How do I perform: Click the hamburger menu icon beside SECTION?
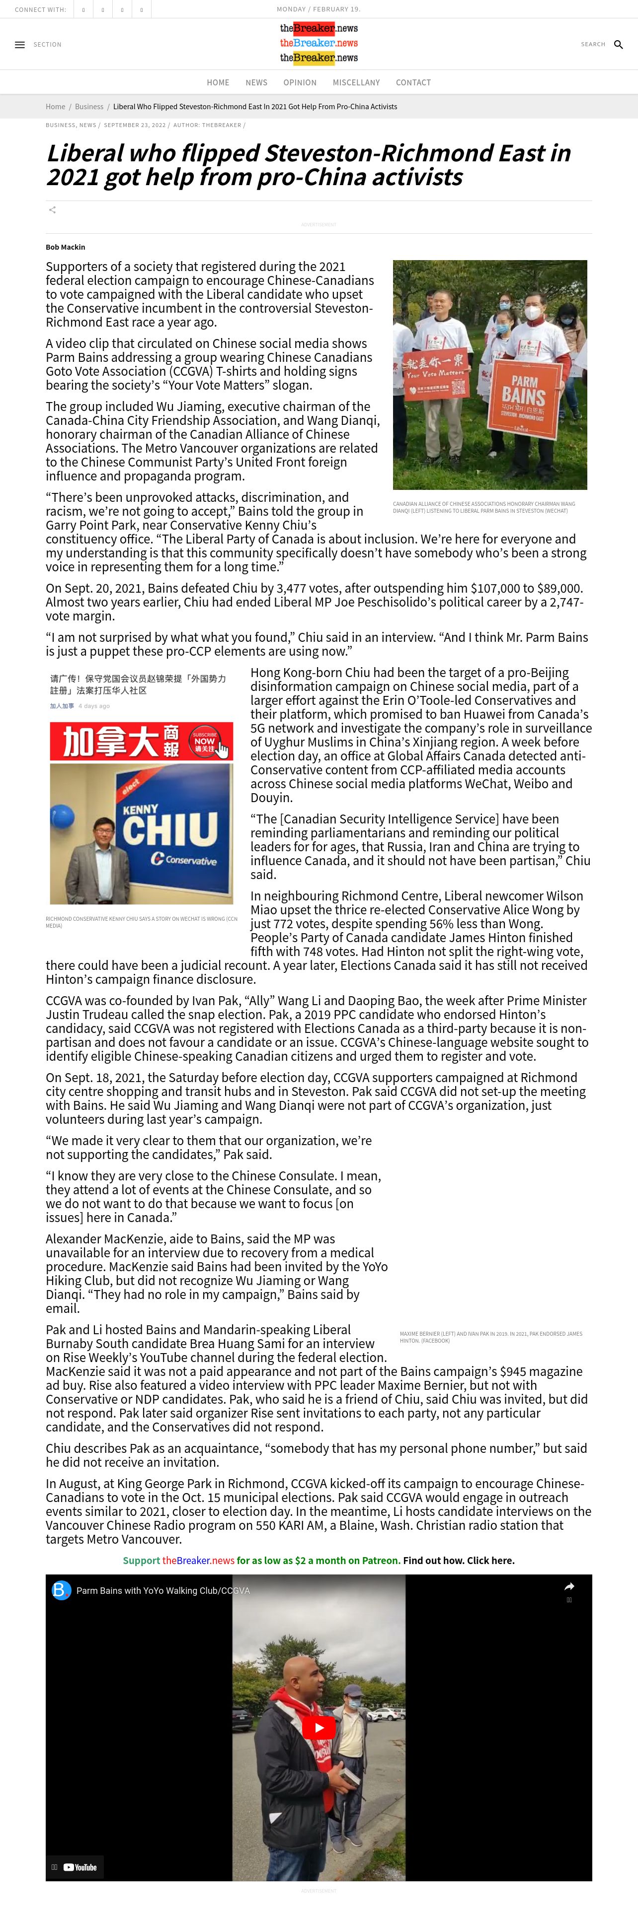tap(20, 45)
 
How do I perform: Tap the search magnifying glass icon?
tap(618, 45)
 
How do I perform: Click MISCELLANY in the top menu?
tap(356, 82)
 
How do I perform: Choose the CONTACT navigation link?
tap(413, 82)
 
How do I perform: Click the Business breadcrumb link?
tap(89, 107)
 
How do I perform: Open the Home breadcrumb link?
tap(55, 107)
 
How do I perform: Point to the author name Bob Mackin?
tap(66, 247)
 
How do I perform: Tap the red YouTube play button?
tap(319, 1727)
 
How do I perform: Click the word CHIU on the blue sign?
tap(170, 828)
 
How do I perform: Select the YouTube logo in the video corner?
tap(80, 1867)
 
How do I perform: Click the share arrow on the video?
tap(569, 1586)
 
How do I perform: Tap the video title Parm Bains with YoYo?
tap(162, 1591)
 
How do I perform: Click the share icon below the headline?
tap(52, 210)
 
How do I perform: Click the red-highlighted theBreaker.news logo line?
tap(319, 28)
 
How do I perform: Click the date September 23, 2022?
tap(135, 125)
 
